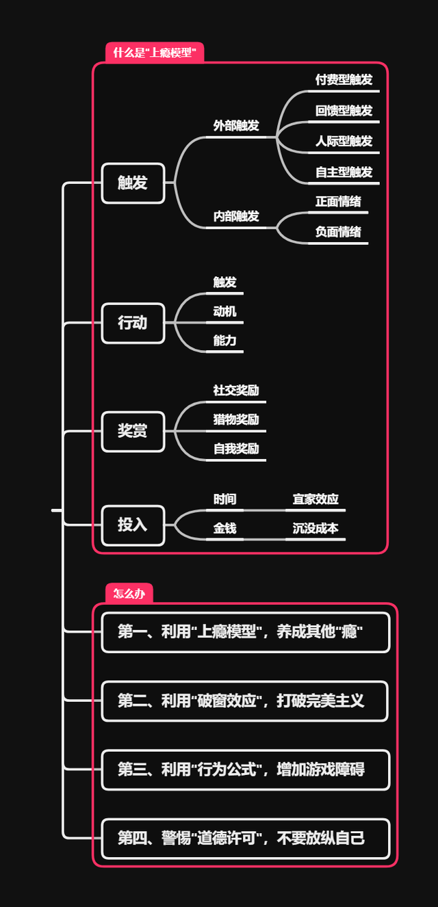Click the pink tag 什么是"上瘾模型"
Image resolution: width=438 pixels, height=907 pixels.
pos(155,53)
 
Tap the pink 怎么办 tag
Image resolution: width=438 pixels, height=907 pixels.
pos(129,593)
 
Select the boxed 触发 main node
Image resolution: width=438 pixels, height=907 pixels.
pos(133,183)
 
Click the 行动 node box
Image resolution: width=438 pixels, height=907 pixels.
pos(133,322)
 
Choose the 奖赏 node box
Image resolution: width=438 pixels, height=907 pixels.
pos(133,431)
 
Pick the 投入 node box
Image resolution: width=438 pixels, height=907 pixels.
pos(133,525)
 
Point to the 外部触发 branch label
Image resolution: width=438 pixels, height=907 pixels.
pos(236,126)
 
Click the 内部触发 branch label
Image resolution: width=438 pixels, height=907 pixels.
pos(236,216)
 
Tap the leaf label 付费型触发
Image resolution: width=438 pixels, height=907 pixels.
pos(344,79)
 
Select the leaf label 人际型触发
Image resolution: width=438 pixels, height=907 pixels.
pos(344,141)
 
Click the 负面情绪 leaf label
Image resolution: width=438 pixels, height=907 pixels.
pos(338,232)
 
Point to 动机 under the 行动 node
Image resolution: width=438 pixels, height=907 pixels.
pos(224,311)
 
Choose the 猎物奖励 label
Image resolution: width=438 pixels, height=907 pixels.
pos(236,419)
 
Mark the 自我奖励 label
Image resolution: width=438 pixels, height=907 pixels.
pos(236,449)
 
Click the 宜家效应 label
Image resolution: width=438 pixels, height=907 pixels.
pos(315,499)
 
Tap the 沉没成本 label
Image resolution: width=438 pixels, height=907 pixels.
pos(315,528)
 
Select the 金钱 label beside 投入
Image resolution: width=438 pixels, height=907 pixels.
pos(224,528)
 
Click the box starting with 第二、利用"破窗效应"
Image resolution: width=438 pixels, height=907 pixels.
pos(245,700)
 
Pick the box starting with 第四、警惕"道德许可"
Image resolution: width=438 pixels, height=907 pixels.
pos(245,838)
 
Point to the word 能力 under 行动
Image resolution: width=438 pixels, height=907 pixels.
pos(224,340)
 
